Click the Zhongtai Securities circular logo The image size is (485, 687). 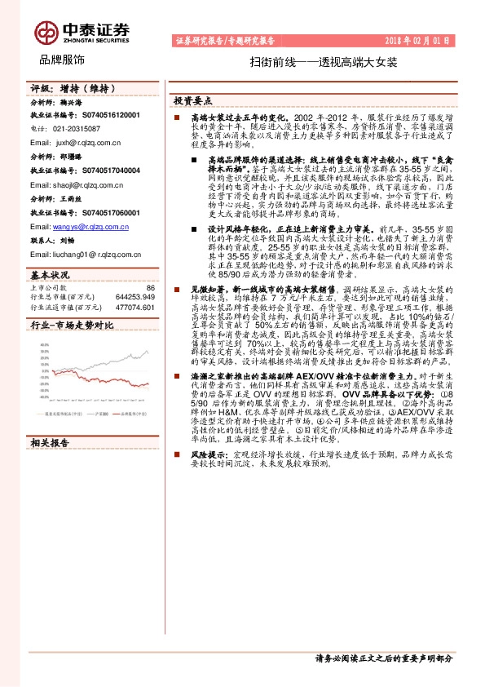tap(46, 32)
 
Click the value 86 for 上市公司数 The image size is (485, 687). tap(150, 288)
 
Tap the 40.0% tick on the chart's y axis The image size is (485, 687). tap(39, 344)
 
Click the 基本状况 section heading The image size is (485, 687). tap(51, 275)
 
